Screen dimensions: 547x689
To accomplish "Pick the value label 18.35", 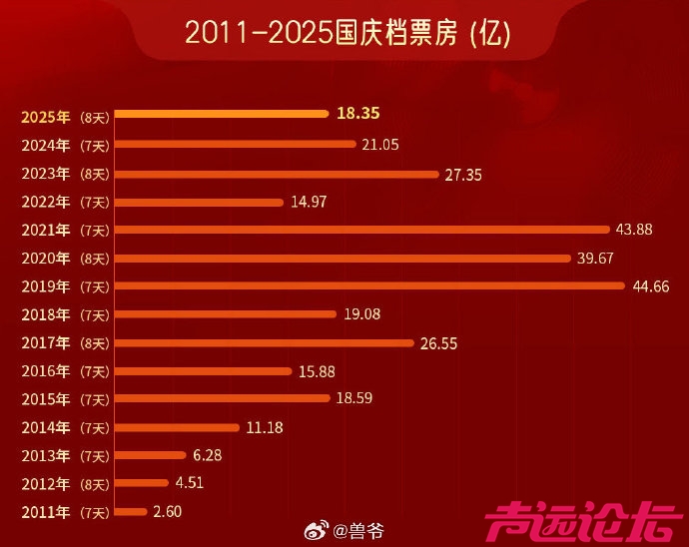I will [x=359, y=114].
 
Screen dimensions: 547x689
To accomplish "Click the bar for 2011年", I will [x=131, y=512].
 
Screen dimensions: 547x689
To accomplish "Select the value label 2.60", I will [x=168, y=512].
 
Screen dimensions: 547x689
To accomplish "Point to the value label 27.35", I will [x=463, y=174].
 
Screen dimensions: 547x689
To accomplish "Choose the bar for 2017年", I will [x=265, y=342].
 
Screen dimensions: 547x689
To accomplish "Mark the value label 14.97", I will [x=308, y=202].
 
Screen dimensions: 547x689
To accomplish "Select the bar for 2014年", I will [x=178, y=427].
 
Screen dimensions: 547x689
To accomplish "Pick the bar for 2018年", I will [x=226, y=314].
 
